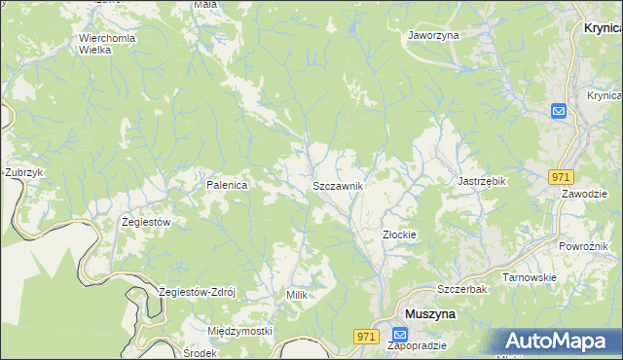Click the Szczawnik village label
pyautogui.click(x=338, y=185)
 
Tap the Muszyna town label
pyautogui.click(x=429, y=314)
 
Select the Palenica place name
pyautogui.click(x=225, y=184)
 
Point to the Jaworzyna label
pyautogui.click(x=433, y=34)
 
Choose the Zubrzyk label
pyautogui.click(x=24, y=172)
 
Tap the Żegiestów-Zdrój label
pyautogui.click(x=204, y=292)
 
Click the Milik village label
pyautogui.click(x=297, y=294)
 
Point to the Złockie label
pyautogui.click(x=399, y=234)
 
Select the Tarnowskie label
pyautogui.click(x=529, y=277)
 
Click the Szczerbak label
pyautogui.click(x=461, y=290)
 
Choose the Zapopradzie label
pyautogui.click(x=417, y=345)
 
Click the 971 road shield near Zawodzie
pyautogui.click(x=560, y=177)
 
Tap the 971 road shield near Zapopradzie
pyautogui.click(x=365, y=336)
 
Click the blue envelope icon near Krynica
pyautogui.click(x=560, y=111)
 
